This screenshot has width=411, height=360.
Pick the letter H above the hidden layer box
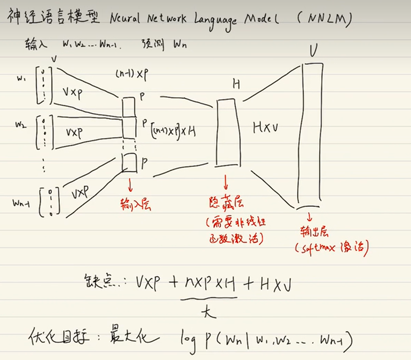[x=236, y=84]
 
